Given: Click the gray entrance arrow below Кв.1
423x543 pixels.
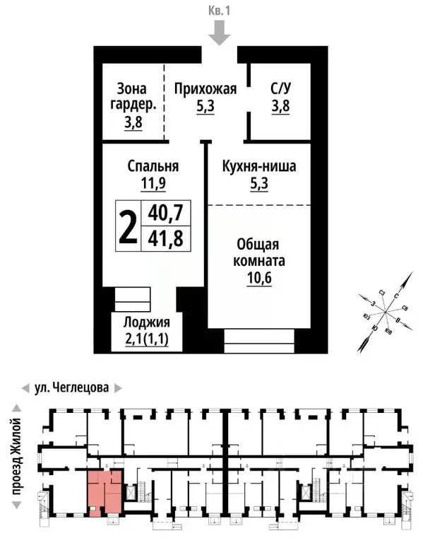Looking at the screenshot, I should [x=220, y=33].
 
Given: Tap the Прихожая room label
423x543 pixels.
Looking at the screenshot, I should [x=205, y=90].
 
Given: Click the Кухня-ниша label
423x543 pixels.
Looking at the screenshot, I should [x=258, y=167].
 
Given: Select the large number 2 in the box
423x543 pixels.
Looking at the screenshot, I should [x=128, y=225].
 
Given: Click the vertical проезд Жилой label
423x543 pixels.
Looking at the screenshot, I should [x=16, y=452].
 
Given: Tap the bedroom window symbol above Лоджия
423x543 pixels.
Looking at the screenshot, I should [x=133, y=298].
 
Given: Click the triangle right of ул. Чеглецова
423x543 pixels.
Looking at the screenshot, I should [x=119, y=388].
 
